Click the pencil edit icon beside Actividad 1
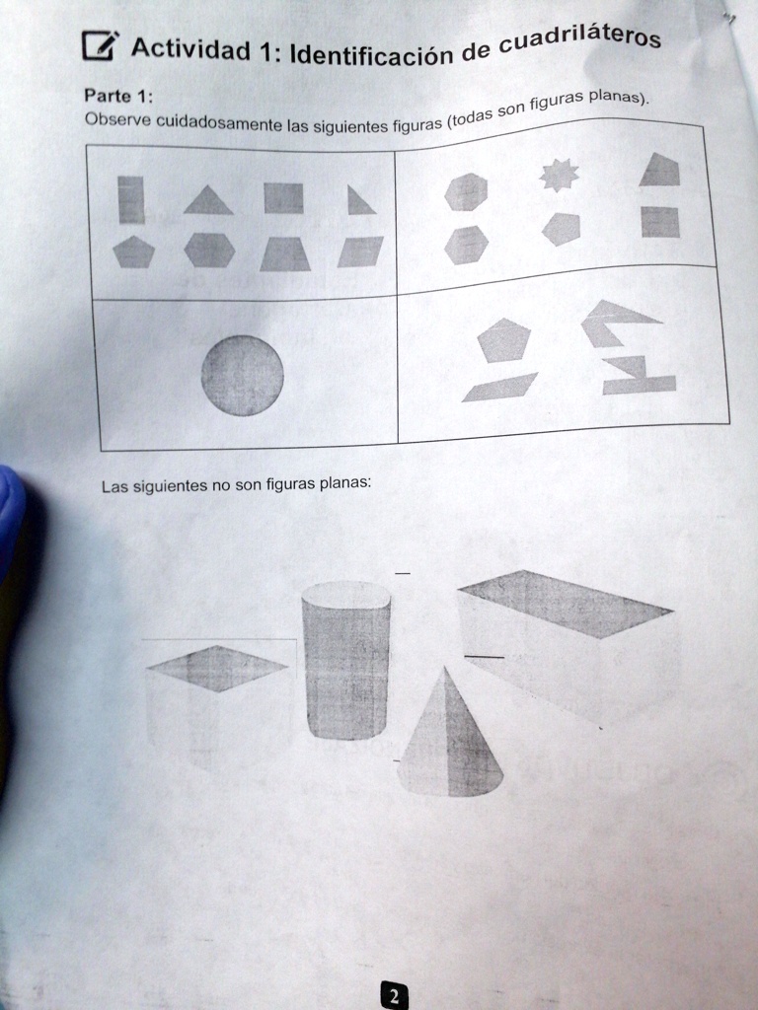(x=99, y=45)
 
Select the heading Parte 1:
(x=117, y=96)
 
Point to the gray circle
(x=242, y=375)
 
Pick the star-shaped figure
(x=560, y=177)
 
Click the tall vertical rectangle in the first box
(x=131, y=199)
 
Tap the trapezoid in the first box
(x=285, y=254)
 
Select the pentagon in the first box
(x=133, y=251)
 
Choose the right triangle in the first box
(x=358, y=201)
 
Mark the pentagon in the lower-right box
(x=503, y=340)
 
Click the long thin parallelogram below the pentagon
(x=500, y=388)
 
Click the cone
(x=449, y=739)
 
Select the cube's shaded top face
(x=217, y=668)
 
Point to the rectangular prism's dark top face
(x=565, y=602)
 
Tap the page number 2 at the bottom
(x=393, y=996)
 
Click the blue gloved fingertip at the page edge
(x=10, y=513)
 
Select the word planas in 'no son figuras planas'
(x=343, y=483)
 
